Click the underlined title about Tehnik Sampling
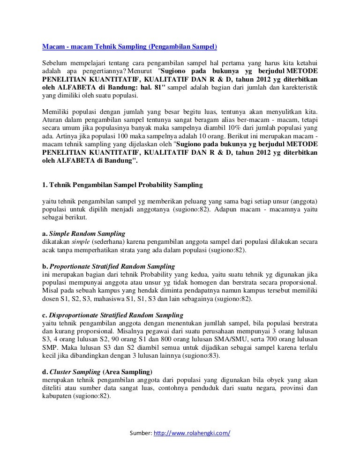coord(129,47)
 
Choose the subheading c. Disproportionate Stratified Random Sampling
coord(112,314)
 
